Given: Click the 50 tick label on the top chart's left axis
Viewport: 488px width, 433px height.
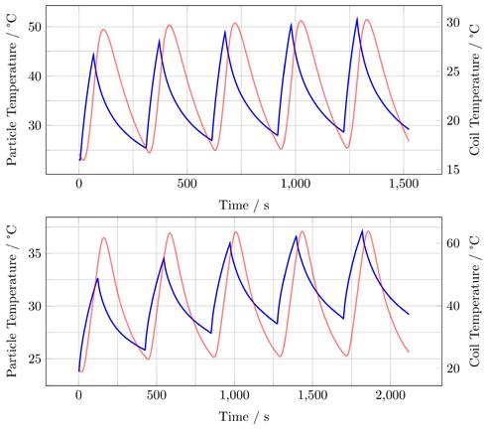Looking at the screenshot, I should click(35, 26).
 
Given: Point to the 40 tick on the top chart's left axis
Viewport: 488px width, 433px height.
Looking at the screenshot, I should click(35, 75).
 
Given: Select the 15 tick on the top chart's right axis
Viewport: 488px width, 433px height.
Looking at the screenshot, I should click(448, 170).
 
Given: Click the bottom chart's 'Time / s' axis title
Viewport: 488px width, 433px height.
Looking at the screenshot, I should click(244, 414).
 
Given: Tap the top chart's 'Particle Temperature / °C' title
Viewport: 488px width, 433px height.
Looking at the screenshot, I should click(13, 89).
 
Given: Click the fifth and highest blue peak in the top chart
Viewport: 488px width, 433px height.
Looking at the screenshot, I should click(357, 18).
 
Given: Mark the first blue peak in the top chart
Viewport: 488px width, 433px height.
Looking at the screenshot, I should click(93, 54).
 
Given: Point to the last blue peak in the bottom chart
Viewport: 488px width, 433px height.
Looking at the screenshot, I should click(362, 230).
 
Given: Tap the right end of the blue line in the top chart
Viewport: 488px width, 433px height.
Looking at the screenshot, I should click(409, 128).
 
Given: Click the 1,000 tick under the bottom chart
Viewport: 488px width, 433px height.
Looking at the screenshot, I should click(234, 395).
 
